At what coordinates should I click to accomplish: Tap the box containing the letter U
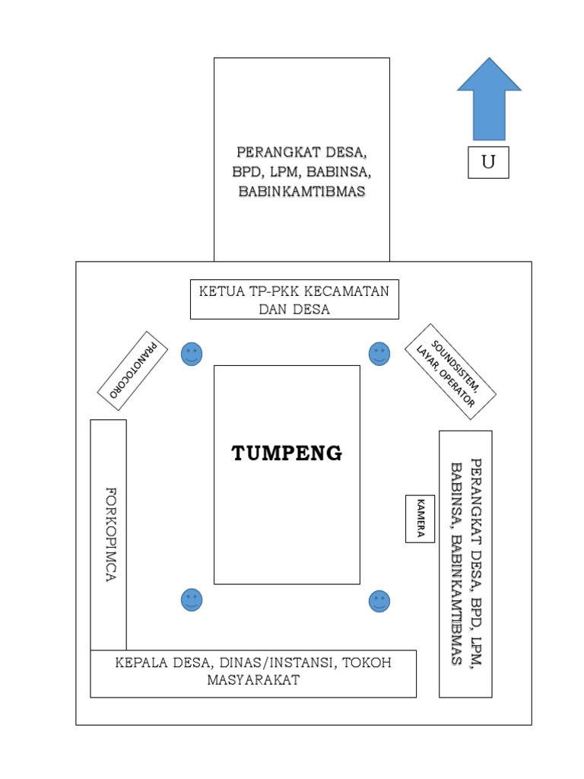coord(488,162)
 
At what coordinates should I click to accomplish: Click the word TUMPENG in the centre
coord(287,454)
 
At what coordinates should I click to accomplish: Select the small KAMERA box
coord(420,519)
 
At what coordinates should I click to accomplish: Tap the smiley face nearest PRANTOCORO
coord(192,354)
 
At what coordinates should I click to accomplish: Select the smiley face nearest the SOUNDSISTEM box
coord(379,353)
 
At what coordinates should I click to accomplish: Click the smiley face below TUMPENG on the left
coord(192,600)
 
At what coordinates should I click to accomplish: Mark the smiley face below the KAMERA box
coord(379,601)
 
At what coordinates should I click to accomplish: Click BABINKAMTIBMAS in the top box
coord(301,192)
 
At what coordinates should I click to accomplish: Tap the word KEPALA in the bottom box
coord(141,663)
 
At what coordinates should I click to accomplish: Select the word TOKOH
coord(366,663)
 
